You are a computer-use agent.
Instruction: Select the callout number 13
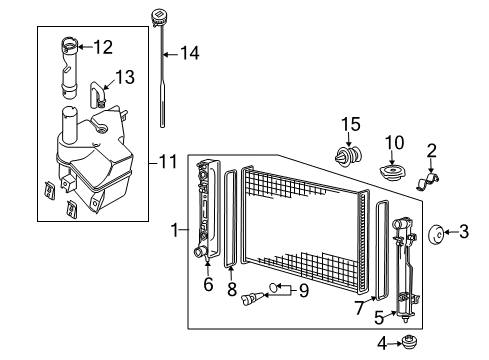(x=123, y=76)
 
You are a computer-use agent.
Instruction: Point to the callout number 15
(x=349, y=124)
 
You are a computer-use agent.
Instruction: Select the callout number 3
(x=463, y=234)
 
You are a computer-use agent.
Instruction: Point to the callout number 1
(x=177, y=231)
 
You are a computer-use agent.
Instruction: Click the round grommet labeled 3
(x=436, y=234)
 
